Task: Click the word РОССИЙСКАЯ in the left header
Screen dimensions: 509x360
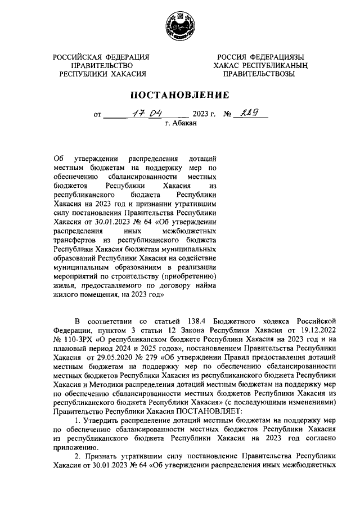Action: (77, 57)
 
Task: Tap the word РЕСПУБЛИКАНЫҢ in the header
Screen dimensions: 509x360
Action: (282, 65)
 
